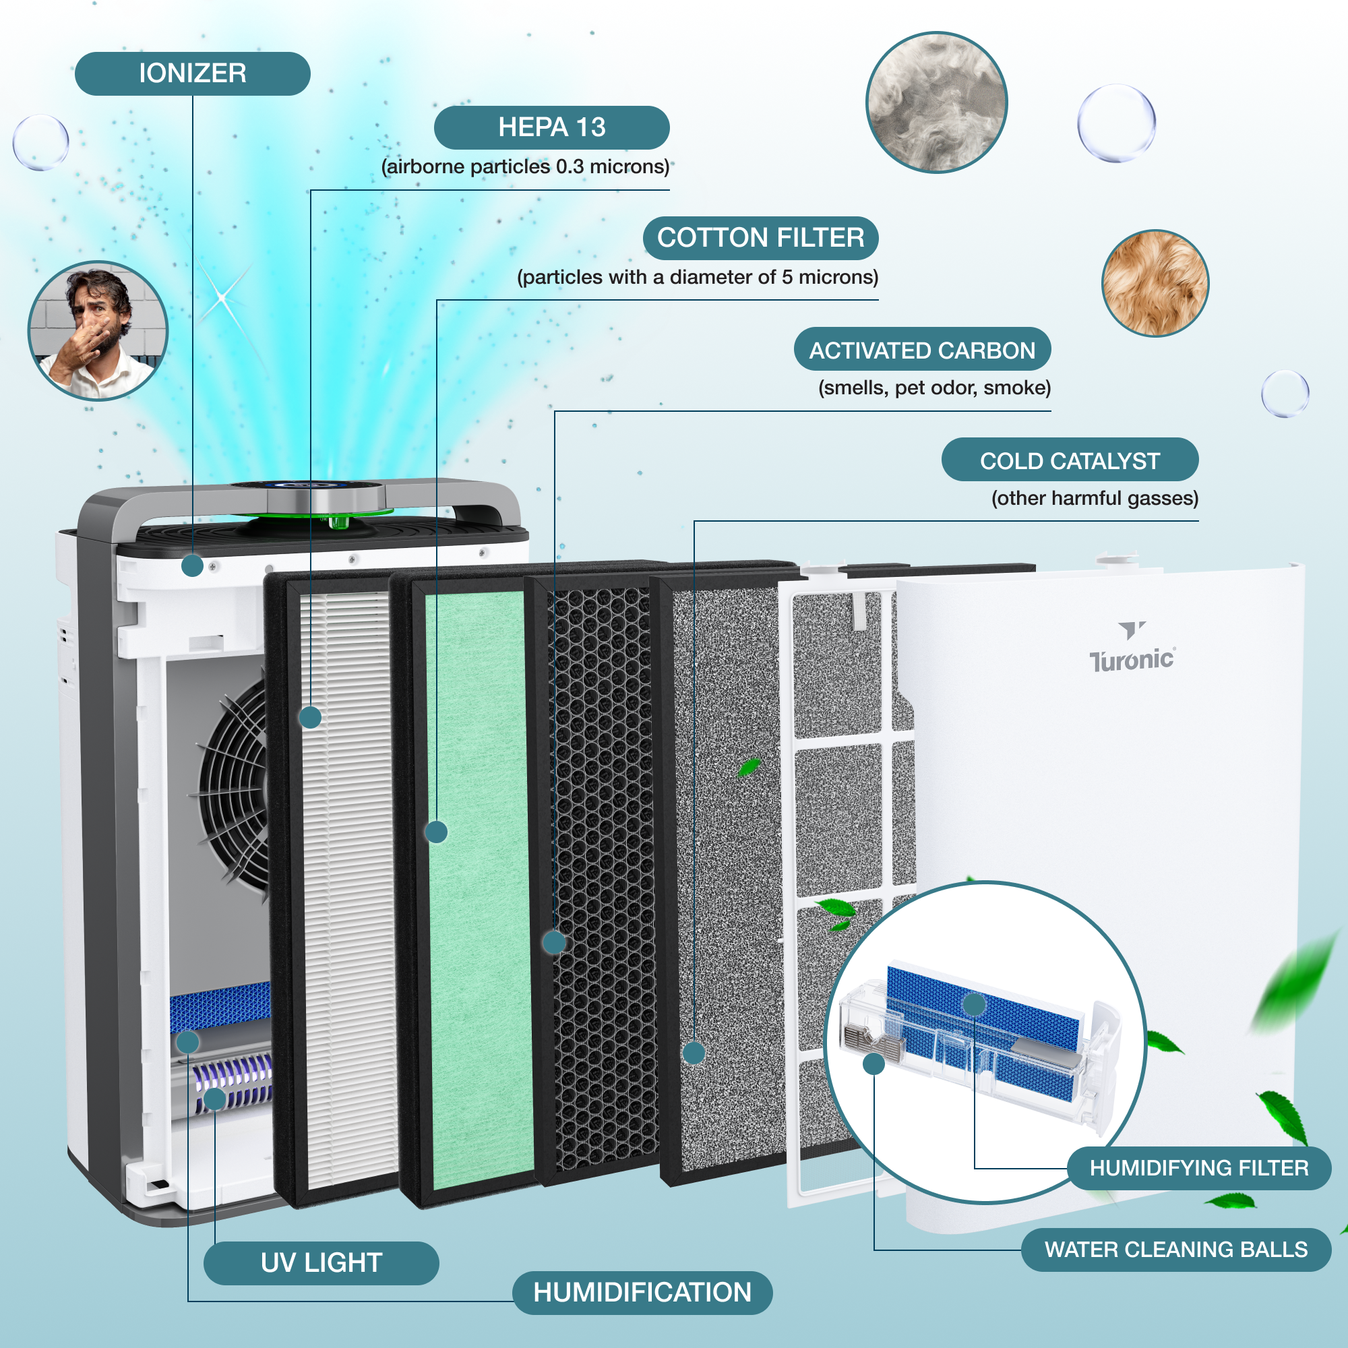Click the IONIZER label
tap(192, 73)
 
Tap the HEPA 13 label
tap(551, 127)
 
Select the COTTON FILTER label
tap(760, 238)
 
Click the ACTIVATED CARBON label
tap(921, 350)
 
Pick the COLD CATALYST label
tap(1069, 460)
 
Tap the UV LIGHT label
tap(321, 1262)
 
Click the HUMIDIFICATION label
tap(642, 1292)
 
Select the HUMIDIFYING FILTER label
tap(1198, 1167)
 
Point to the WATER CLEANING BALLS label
tap(1175, 1249)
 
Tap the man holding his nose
tap(98, 331)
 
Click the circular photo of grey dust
tap(936, 102)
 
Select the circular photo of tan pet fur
tap(1155, 283)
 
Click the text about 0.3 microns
tap(524, 166)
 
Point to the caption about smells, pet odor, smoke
tap(933, 388)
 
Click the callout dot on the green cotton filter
tap(436, 832)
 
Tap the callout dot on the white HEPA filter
tap(310, 717)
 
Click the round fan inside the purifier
tap(234, 789)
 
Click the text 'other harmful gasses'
tap(1094, 498)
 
